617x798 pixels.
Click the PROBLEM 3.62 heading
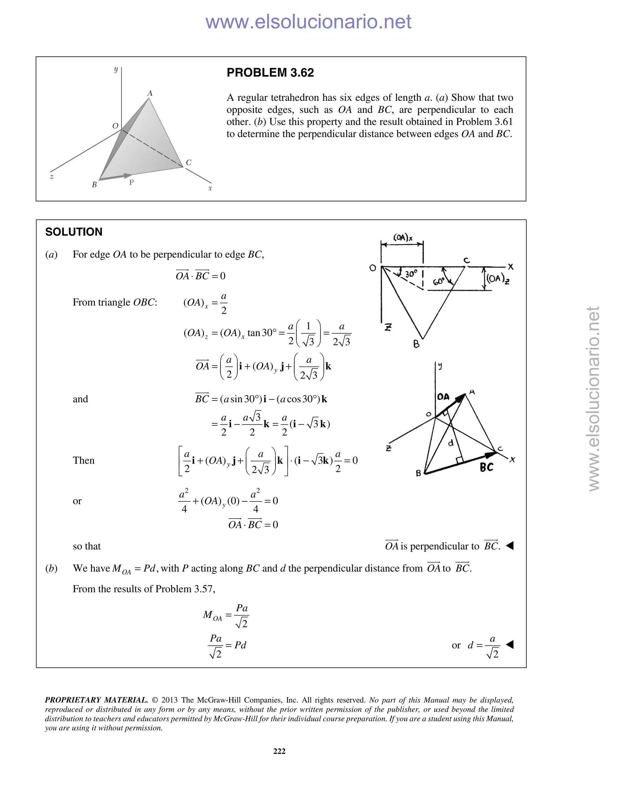pyautogui.click(x=270, y=73)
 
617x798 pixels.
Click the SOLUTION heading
pyautogui.click(x=74, y=232)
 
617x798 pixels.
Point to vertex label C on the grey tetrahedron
pyautogui.click(x=188, y=163)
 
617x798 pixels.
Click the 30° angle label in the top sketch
pyautogui.click(x=411, y=274)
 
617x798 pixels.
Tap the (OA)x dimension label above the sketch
pyautogui.click(x=403, y=238)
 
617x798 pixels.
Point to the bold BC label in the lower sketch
pyautogui.click(x=486, y=467)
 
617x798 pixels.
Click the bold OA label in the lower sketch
pyautogui.click(x=443, y=397)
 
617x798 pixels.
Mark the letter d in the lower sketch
pyautogui.click(x=451, y=443)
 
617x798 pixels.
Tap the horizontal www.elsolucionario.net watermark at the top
pyautogui.click(x=308, y=22)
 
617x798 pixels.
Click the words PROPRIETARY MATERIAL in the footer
pyautogui.click(x=96, y=700)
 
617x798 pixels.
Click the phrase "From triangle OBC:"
pyautogui.click(x=115, y=302)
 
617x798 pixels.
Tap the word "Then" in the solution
pyautogui.click(x=83, y=460)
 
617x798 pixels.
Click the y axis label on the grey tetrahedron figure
pyautogui.click(x=116, y=70)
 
